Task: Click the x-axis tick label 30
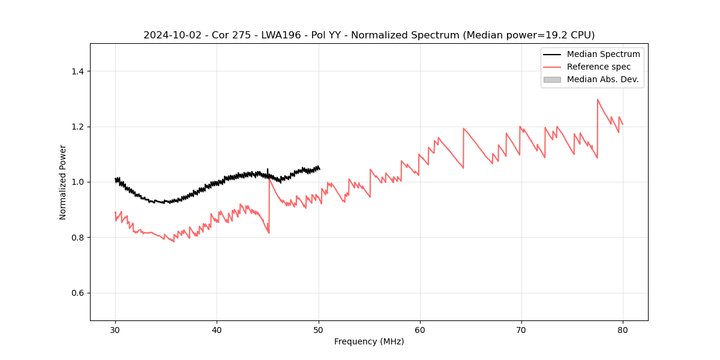pos(115,330)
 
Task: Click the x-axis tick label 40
pos(217,330)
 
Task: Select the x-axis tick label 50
pos(319,330)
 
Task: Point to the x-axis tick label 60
pos(420,330)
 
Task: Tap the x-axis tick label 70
pos(521,330)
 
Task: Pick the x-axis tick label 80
pos(623,330)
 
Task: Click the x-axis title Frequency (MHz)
pos(369,341)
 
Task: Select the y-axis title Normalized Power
pos(63,182)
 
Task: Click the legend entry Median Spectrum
pos(603,54)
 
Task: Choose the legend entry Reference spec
pos(598,67)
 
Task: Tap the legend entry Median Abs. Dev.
pos(602,79)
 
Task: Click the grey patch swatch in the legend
pos(552,79)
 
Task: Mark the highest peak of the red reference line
pos(598,100)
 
